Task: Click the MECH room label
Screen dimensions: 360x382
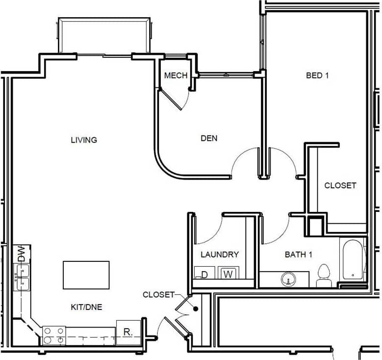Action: click(x=176, y=76)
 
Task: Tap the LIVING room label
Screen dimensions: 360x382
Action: click(x=84, y=140)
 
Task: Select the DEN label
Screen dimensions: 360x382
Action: click(x=209, y=138)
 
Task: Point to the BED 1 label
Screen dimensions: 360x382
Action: click(x=317, y=76)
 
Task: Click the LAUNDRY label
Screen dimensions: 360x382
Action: click(x=220, y=255)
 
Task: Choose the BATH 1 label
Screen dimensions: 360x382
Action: click(x=298, y=255)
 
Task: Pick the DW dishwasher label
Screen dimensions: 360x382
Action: click(x=22, y=254)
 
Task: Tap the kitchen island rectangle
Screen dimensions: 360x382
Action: click(x=86, y=275)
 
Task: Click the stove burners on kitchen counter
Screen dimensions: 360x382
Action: click(x=54, y=335)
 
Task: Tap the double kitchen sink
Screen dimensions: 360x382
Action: click(x=22, y=277)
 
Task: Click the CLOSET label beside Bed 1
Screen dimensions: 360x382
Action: click(x=340, y=185)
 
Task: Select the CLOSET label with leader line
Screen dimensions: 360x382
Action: click(x=158, y=295)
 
